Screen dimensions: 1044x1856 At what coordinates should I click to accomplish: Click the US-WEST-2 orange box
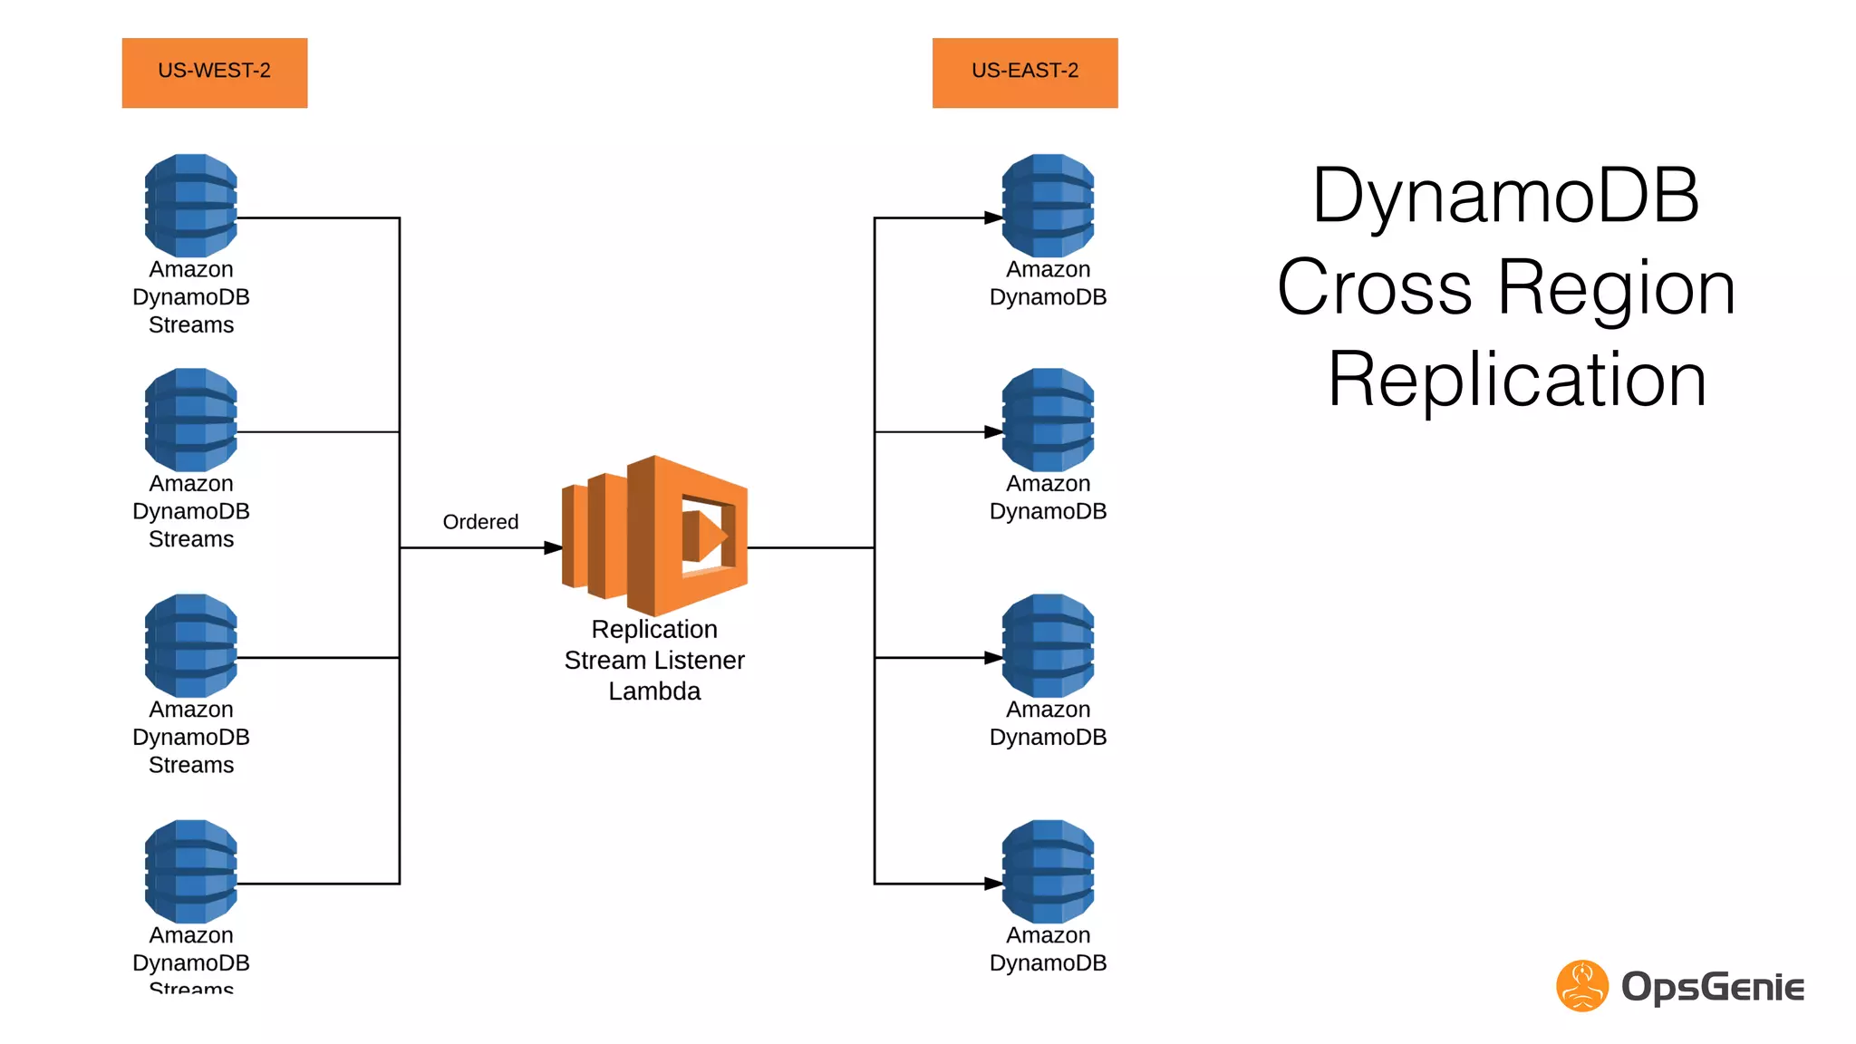(215, 72)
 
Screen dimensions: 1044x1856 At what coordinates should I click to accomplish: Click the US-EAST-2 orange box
(1025, 72)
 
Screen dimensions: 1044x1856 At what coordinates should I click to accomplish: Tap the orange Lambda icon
(655, 536)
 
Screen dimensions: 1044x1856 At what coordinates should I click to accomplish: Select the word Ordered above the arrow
(480, 522)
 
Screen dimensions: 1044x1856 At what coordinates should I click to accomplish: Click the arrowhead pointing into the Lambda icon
(553, 547)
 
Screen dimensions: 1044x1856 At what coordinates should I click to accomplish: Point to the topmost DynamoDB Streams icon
(191, 206)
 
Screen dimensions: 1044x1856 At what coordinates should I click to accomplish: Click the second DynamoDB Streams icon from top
(191, 420)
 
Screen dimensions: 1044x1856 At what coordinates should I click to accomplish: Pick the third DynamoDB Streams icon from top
(191, 645)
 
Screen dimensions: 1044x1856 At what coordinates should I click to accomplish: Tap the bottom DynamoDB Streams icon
(191, 871)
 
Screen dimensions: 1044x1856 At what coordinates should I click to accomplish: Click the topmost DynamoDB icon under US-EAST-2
(1048, 206)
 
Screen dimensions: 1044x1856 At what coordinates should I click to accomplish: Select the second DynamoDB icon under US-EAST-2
(1048, 420)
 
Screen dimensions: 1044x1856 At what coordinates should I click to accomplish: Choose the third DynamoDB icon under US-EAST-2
(1048, 645)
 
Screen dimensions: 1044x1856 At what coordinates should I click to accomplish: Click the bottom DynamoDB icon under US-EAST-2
(1048, 871)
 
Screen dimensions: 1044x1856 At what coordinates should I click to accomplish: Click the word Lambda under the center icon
(654, 691)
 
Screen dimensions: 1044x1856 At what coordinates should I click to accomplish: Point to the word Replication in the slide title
(1517, 380)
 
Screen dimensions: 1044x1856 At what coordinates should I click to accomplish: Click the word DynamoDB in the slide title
(1505, 196)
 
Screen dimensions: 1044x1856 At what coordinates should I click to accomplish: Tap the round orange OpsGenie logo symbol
(1582, 986)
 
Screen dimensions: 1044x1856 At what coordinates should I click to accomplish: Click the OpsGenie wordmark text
(1712, 987)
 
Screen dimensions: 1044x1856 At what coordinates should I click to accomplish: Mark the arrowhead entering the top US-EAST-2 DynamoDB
(993, 217)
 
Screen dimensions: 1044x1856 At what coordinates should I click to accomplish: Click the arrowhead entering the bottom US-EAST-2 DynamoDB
(993, 884)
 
